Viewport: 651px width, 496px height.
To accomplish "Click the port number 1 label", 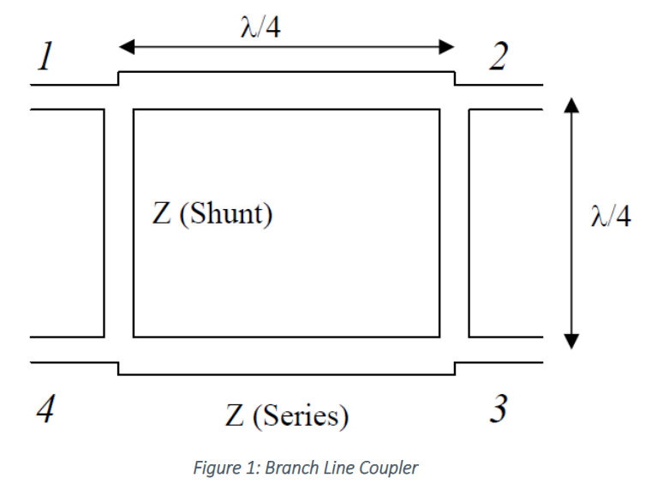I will pos(45,57).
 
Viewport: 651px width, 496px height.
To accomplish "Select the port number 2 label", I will pos(498,57).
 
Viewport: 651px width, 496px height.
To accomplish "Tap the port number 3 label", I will pos(498,410).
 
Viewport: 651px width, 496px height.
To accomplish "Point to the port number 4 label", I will pos(45,411).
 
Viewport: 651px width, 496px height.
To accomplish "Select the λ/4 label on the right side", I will pos(611,218).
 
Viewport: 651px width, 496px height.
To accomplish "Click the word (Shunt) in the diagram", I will pos(224,213).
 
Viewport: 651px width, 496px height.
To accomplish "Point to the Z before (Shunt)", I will pos(162,213).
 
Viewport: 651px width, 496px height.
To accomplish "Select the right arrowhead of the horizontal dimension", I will pos(446,47).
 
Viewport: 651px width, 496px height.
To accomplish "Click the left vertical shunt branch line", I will pos(118,223).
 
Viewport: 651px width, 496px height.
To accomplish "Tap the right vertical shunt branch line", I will pos(454,223).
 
